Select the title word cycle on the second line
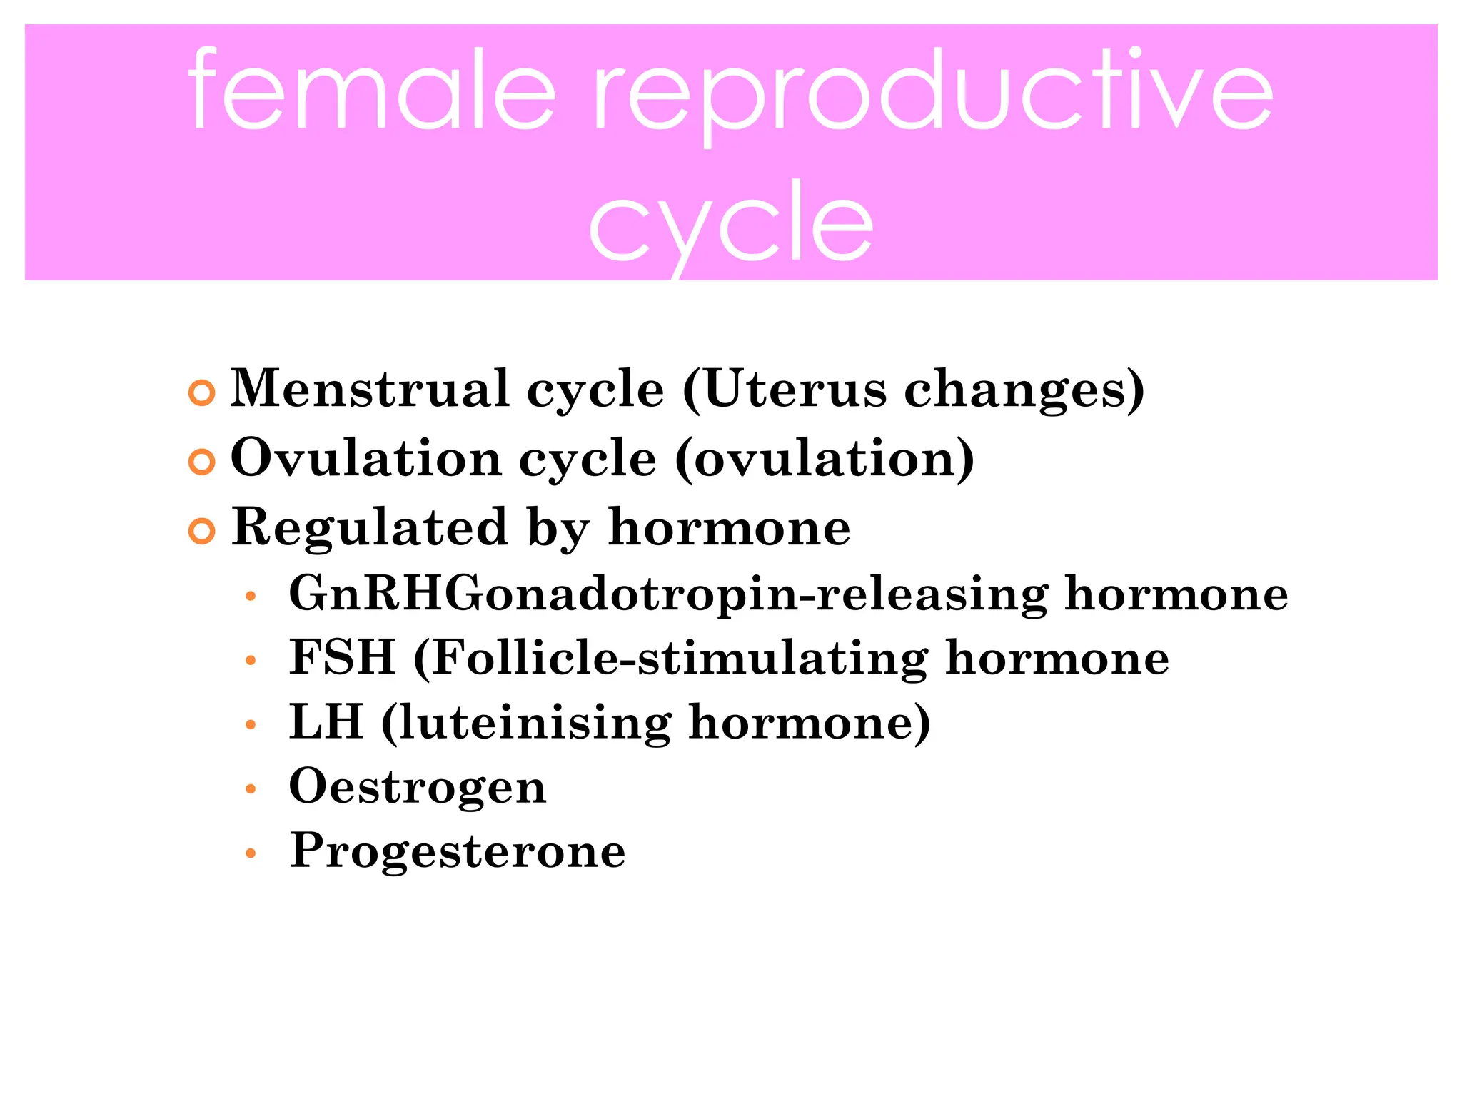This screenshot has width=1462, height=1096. (731, 225)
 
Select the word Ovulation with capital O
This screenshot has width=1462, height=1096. (366, 457)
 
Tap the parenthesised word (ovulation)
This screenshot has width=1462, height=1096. (825, 459)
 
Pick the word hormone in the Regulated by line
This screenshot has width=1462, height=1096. (729, 527)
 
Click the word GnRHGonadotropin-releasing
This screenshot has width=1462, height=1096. (668, 594)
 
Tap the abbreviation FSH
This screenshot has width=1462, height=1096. (342, 657)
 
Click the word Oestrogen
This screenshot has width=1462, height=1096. (418, 786)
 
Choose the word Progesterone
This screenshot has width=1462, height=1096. (458, 851)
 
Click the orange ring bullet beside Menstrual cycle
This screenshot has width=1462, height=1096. (202, 392)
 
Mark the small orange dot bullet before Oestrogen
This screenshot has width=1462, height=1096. (250, 789)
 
